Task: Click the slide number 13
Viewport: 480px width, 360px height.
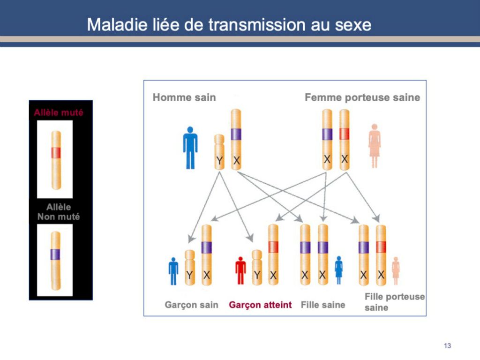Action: point(447,345)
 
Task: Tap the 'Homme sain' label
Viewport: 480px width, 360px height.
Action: point(184,97)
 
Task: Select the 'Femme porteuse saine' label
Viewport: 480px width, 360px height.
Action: point(362,97)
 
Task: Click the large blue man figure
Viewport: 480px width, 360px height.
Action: point(190,148)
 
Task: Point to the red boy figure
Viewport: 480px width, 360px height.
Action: point(240,270)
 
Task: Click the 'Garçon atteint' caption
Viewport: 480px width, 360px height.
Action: point(260,305)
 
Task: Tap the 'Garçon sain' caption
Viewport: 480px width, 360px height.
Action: point(191,305)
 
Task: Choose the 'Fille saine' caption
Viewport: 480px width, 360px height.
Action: point(323,305)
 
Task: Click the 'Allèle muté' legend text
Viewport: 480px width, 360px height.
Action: point(59,112)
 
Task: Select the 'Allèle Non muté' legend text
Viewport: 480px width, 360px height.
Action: point(59,212)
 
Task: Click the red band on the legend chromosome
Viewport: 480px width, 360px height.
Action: point(56,152)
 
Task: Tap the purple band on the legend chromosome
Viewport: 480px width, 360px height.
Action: point(55,255)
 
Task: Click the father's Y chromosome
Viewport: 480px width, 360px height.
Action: point(219,152)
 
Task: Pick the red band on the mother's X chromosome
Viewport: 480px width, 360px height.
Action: point(345,134)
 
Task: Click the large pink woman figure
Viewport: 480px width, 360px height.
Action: point(375,146)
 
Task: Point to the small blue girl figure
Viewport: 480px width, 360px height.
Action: point(338,270)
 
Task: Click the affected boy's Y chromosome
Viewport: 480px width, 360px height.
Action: point(257,268)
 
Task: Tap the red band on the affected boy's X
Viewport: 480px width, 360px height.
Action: point(273,247)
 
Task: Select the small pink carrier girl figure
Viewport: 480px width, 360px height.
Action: point(396,271)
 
